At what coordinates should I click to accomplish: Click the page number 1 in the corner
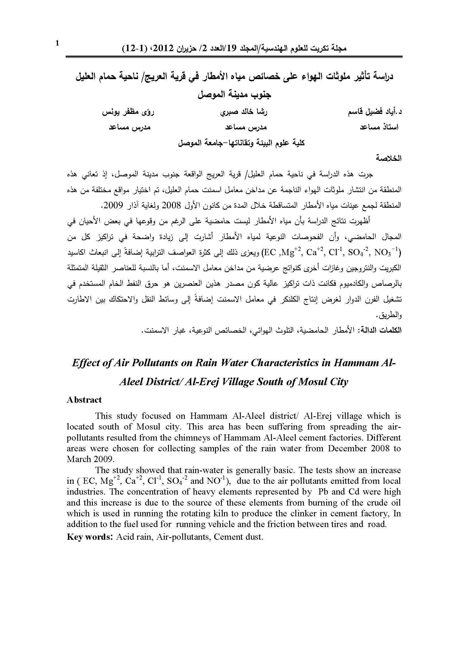coord(57,43)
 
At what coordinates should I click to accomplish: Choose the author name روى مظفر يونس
coord(128,112)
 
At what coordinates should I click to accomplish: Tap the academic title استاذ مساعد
coord(379,127)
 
